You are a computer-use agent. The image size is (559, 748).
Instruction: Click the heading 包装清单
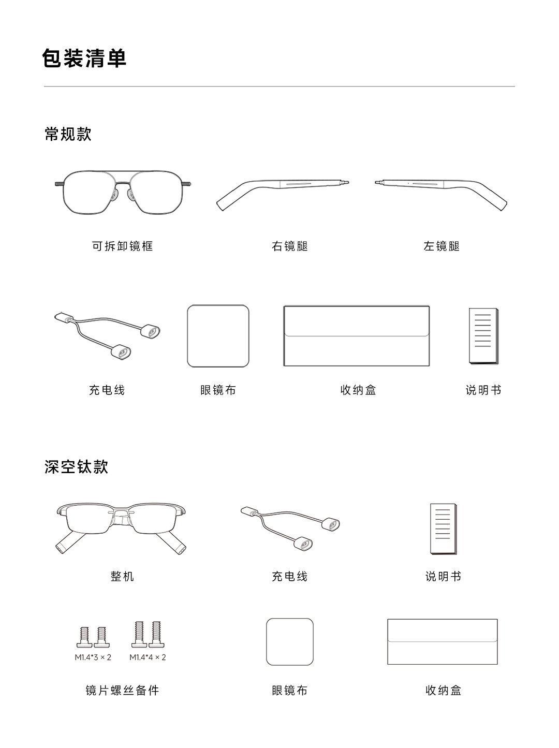point(84,58)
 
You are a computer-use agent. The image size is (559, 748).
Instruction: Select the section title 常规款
point(68,134)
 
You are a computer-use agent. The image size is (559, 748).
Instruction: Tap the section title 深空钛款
point(76,466)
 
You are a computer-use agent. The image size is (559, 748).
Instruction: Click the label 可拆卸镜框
point(122,246)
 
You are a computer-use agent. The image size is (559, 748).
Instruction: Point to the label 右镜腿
point(289,246)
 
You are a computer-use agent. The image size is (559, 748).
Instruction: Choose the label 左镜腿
point(442,246)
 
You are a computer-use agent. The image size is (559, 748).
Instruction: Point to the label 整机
point(122,576)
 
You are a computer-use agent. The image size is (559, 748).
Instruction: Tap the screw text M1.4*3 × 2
point(93,657)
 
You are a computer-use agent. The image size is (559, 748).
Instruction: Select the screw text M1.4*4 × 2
point(148,657)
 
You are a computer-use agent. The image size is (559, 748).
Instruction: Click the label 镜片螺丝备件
point(122,691)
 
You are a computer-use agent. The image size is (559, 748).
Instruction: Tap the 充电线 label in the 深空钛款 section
point(289,576)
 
